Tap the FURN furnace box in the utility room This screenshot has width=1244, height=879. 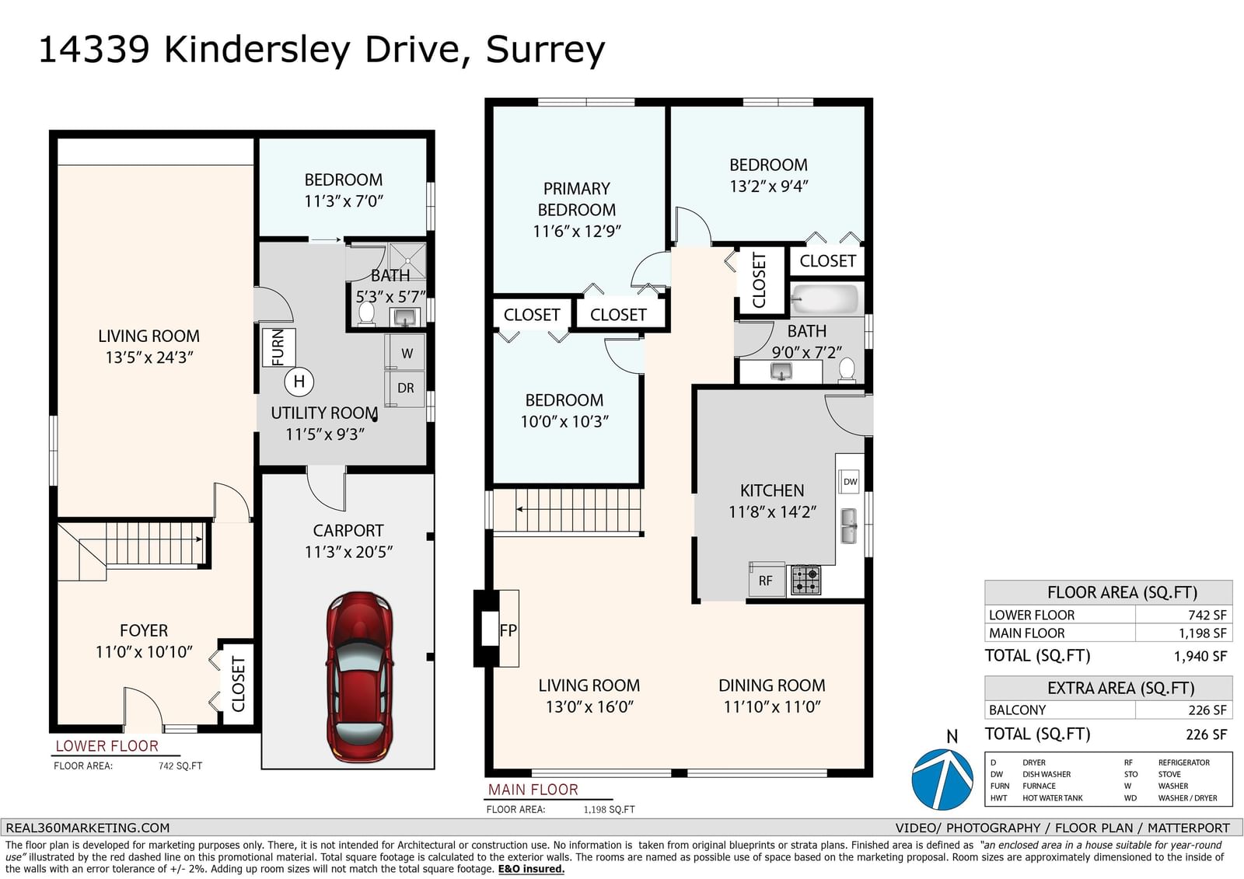(x=279, y=347)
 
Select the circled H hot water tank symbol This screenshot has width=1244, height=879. (x=299, y=382)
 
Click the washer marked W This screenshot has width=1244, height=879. (x=406, y=352)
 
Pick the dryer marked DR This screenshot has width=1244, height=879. (x=405, y=388)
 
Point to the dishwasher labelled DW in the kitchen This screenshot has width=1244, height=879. (x=851, y=481)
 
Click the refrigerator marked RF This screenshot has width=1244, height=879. (x=766, y=581)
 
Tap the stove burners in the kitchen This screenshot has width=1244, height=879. (x=805, y=581)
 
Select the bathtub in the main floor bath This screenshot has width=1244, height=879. (x=824, y=299)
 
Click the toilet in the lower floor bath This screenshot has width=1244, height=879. (x=366, y=314)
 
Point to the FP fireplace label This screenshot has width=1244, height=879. (x=508, y=630)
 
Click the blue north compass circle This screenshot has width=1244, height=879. (x=942, y=780)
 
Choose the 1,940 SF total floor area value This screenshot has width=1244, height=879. (x=1200, y=656)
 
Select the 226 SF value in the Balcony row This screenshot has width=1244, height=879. (x=1207, y=710)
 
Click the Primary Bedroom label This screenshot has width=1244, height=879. (x=576, y=199)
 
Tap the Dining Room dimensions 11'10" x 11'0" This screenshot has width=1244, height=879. (x=772, y=707)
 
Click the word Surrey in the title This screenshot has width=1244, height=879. (x=545, y=50)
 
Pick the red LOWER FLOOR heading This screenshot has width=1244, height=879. (x=107, y=746)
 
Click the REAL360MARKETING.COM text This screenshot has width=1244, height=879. (x=88, y=828)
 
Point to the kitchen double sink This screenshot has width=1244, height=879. (x=848, y=526)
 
